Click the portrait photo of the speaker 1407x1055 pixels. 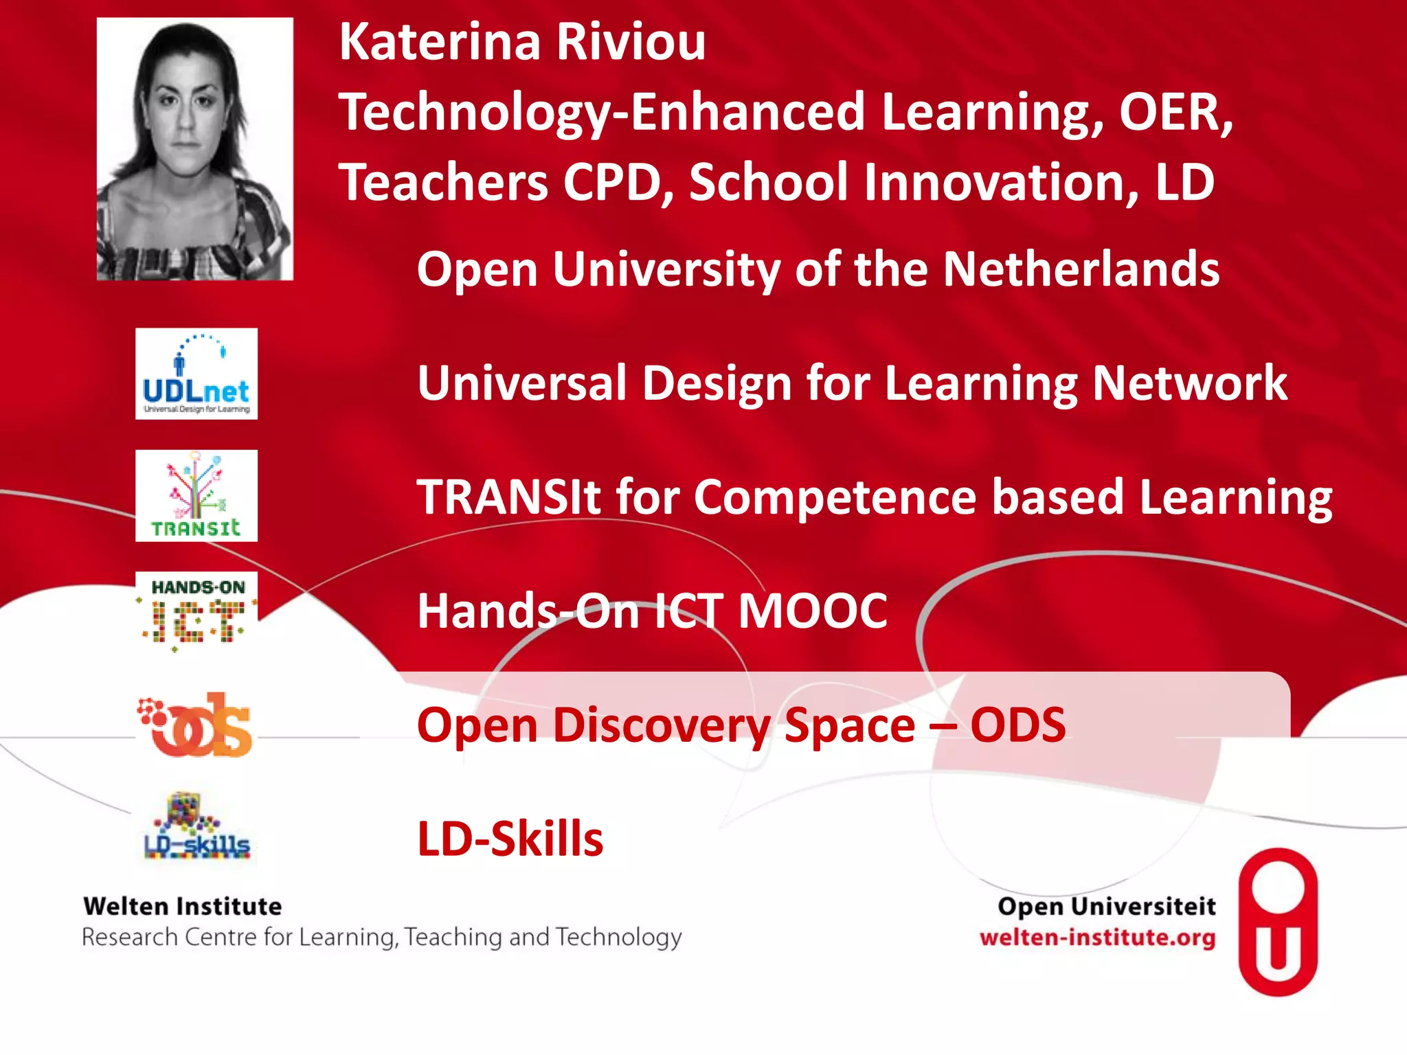click(x=195, y=149)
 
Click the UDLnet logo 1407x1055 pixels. click(x=196, y=374)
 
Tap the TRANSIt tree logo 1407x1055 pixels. click(x=196, y=496)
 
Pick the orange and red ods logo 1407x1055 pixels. click(x=196, y=725)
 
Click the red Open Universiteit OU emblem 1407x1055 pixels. click(x=1278, y=922)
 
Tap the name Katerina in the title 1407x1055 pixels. click(x=440, y=42)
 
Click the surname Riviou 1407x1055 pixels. click(x=631, y=42)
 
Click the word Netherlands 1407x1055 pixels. click(x=1081, y=269)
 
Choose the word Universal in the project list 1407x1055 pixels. click(x=522, y=383)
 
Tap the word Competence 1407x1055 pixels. click(x=835, y=497)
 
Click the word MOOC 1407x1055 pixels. click(x=813, y=611)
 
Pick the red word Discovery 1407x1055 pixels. click(x=662, y=726)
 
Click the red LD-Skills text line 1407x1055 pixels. click(x=510, y=839)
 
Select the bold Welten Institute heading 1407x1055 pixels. click(x=183, y=907)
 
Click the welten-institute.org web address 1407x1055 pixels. click(x=1097, y=938)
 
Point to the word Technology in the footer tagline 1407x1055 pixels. click(x=619, y=938)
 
